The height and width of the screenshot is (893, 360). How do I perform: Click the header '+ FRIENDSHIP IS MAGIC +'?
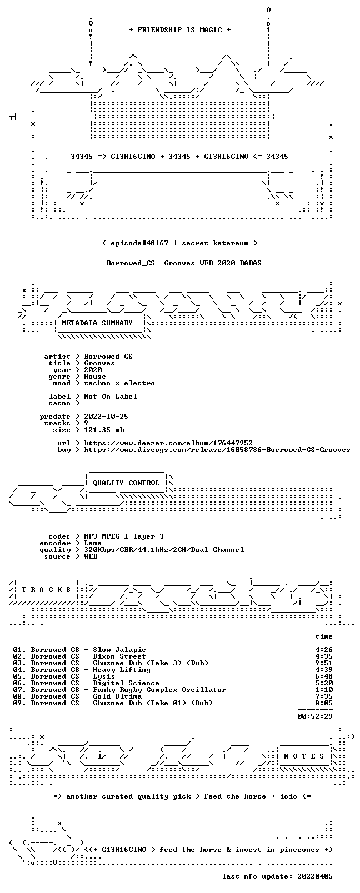coord(180,30)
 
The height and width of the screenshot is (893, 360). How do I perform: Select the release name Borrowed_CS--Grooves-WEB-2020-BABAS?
coord(184,263)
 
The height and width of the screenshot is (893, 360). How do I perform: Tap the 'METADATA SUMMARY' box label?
coord(97,323)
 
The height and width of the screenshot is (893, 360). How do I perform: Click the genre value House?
coord(95,377)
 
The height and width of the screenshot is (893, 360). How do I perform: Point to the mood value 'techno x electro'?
coord(119,383)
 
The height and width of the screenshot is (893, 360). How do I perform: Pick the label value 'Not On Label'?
coord(111,397)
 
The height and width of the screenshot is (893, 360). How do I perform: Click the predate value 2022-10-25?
coord(106,416)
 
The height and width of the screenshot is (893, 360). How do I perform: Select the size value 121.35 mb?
coord(104,430)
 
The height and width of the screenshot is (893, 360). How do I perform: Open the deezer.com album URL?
coord(168,443)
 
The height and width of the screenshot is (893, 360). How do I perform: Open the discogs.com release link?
coord(217,450)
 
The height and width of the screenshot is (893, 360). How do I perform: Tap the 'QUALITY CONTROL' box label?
coord(126,483)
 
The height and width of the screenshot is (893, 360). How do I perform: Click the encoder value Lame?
coord(92,543)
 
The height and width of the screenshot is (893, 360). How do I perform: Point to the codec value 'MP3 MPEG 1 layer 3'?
coord(123,536)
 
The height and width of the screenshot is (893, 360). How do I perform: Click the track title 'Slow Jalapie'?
coord(119,649)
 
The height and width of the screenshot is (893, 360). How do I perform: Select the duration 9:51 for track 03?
coord(323,663)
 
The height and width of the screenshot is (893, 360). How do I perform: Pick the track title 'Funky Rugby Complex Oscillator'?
coord(159,689)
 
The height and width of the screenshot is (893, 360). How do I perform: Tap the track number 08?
coord(18,696)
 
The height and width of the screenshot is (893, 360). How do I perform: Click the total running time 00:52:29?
coord(314,716)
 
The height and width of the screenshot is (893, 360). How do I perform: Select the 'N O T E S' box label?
coord(304,756)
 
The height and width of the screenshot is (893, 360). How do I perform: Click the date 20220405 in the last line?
coord(314,876)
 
